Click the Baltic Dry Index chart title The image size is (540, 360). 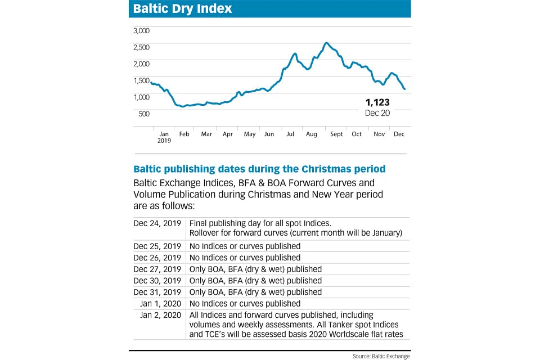point(182,10)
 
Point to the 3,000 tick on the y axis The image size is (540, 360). point(141,30)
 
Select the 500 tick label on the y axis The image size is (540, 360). point(144,114)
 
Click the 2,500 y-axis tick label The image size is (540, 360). point(141,47)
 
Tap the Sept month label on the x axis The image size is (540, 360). point(336,134)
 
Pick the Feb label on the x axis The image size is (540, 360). point(184,134)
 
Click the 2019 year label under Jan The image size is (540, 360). point(164,141)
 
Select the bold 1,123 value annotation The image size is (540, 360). point(377,102)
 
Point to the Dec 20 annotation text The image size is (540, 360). point(377,112)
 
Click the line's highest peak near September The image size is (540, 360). point(326,43)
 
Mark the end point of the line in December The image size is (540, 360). point(404,89)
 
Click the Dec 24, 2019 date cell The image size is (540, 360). point(157,223)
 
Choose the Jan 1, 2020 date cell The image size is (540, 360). point(161,304)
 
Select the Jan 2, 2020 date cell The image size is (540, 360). point(161,315)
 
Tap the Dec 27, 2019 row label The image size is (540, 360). point(157,269)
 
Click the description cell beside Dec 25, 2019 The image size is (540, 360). point(245,246)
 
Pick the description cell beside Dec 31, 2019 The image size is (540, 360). point(256,292)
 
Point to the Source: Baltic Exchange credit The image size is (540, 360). point(381,355)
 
